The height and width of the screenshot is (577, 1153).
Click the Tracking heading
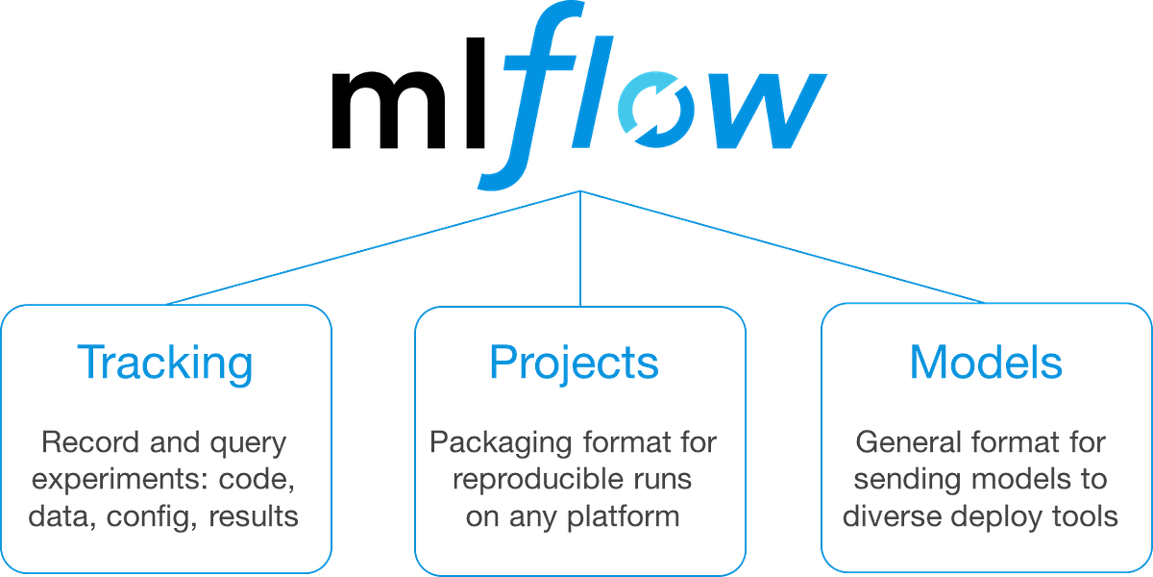166,364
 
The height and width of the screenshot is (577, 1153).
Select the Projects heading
574,364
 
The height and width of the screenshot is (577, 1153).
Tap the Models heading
986,364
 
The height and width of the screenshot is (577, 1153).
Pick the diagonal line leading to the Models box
783,243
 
